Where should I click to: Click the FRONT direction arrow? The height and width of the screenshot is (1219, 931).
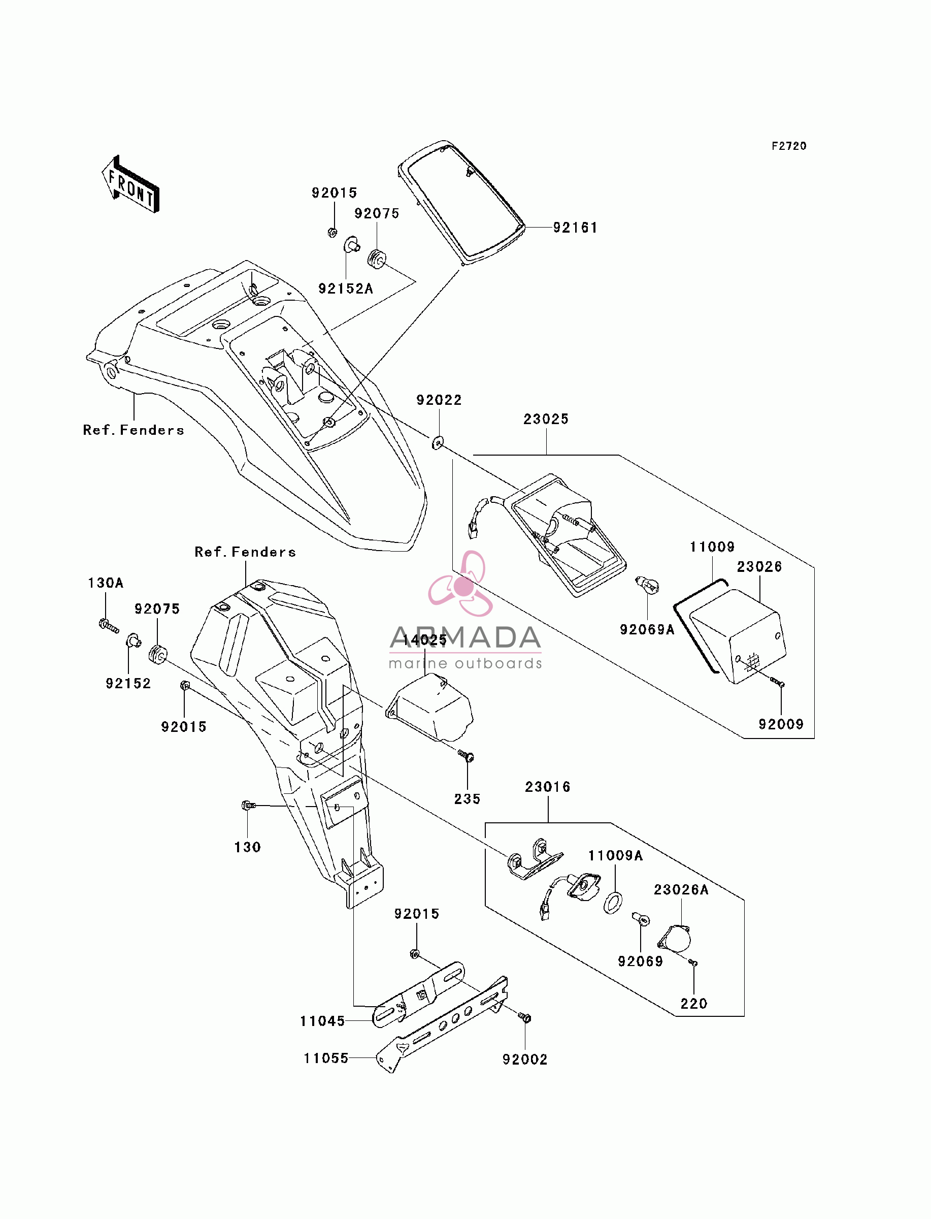(131, 184)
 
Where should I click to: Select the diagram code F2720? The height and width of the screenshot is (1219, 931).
(789, 146)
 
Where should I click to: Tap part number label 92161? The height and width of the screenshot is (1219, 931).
(575, 228)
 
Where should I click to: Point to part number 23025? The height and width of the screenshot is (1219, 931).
(546, 419)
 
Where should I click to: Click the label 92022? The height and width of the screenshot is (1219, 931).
(439, 400)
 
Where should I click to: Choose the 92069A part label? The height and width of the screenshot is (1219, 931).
(647, 630)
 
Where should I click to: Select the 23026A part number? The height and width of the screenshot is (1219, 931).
(681, 890)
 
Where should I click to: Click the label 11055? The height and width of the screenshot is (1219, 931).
(326, 1058)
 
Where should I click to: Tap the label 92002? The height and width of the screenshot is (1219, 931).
(525, 1060)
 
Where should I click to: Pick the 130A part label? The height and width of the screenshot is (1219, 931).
(105, 583)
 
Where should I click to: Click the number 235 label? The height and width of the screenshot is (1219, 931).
(467, 799)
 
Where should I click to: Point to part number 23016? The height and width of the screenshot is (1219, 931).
(548, 787)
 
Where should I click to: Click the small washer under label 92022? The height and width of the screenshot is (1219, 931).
(438, 443)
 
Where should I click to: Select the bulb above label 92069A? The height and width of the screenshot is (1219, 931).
(647, 584)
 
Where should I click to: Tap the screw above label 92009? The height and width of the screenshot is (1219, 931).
(778, 683)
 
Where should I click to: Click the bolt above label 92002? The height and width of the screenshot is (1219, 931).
(524, 1017)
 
